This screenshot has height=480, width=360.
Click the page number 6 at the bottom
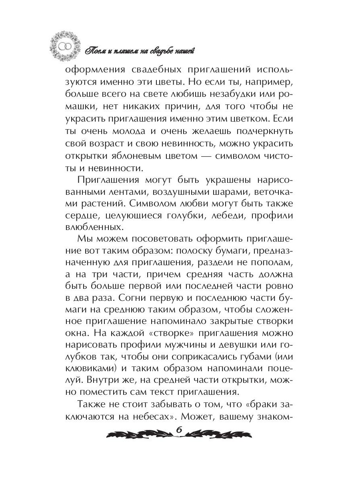click(x=179, y=430)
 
